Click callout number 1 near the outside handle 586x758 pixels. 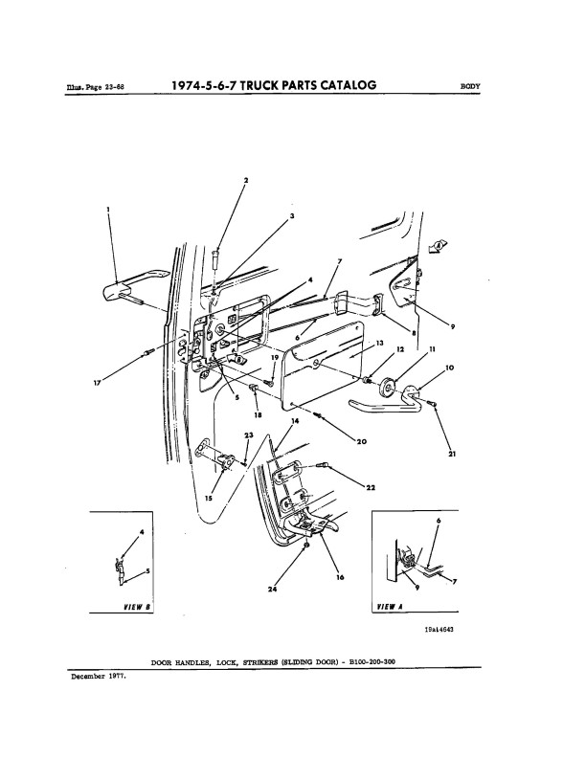point(108,210)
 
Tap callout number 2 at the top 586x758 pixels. point(244,180)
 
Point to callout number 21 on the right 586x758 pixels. point(451,455)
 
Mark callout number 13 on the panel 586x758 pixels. point(380,343)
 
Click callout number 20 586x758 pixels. point(362,441)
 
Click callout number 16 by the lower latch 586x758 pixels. point(340,577)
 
